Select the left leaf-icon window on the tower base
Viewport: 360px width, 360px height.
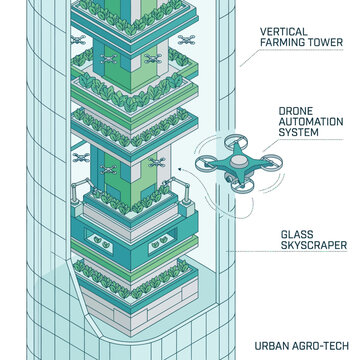[x=99, y=241]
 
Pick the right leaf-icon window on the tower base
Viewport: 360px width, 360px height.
[x=159, y=242]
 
